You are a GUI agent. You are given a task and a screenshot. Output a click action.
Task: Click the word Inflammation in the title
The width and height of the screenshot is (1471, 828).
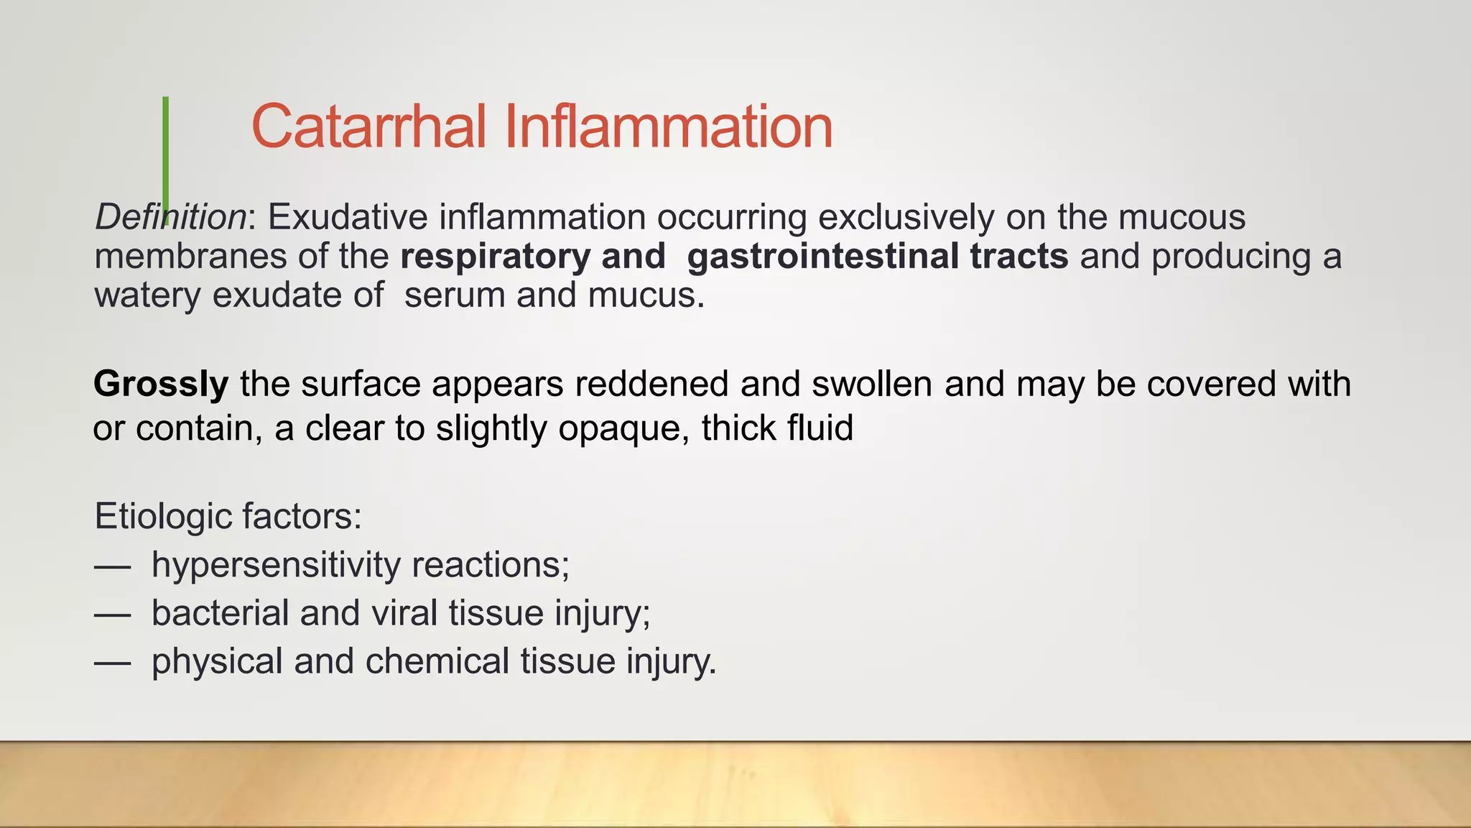click(668, 126)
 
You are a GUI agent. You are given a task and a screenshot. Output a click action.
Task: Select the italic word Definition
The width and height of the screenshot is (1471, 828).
click(171, 217)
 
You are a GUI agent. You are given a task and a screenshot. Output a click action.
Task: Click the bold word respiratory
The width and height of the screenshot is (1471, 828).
click(495, 257)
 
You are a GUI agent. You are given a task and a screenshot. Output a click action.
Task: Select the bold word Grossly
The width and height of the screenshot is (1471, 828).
click(161, 384)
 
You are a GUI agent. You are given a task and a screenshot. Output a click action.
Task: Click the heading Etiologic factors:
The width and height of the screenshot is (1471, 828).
click(228, 516)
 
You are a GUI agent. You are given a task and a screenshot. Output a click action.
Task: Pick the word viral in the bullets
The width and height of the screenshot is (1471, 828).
click(404, 613)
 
